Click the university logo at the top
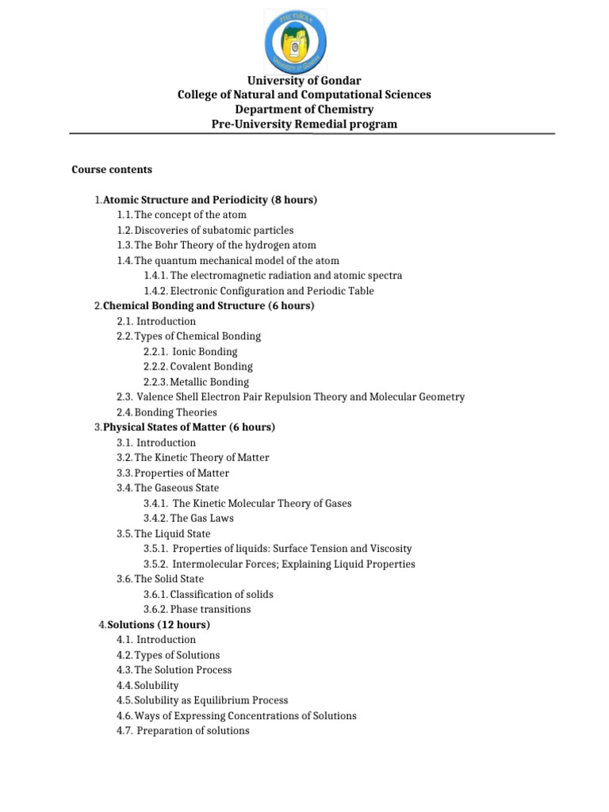tap(304, 40)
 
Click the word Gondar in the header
tap(339, 80)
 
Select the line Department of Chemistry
tap(304, 109)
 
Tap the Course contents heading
tap(112, 170)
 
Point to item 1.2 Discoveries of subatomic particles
tap(205, 230)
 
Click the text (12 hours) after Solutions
tap(183, 625)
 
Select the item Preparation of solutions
tap(193, 730)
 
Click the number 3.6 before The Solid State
tap(124, 579)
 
